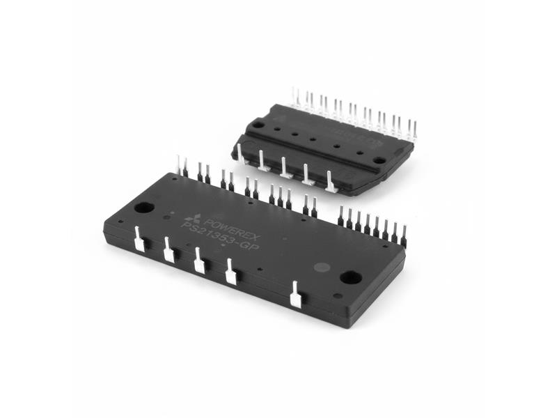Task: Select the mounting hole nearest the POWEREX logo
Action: (144, 208)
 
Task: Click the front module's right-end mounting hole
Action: (350, 277)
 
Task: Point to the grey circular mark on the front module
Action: (321, 266)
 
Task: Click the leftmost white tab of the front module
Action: (139, 239)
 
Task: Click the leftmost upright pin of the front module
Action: (179, 166)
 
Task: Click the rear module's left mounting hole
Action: (258, 124)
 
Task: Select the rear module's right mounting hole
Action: (379, 160)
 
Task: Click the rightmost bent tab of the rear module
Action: (330, 182)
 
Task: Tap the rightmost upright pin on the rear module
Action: (415, 129)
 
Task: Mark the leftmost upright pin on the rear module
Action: (295, 98)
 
